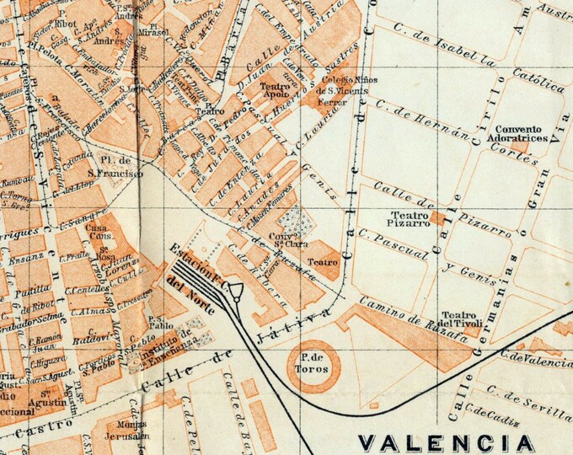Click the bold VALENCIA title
(x=447, y=442)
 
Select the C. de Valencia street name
(x=535, y=360)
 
